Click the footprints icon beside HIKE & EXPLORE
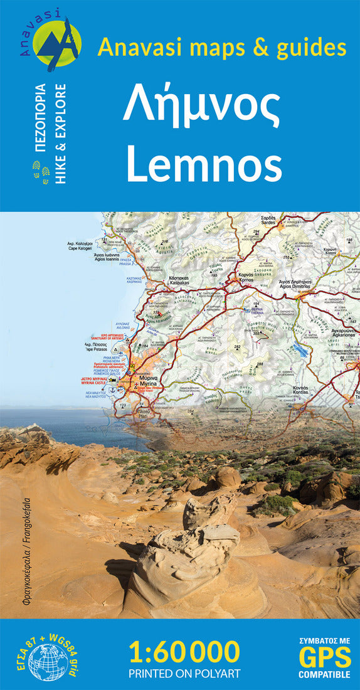(x=42, y=171)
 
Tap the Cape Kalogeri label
(x=80, y=246)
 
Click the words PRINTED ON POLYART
(x=184, y=674)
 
